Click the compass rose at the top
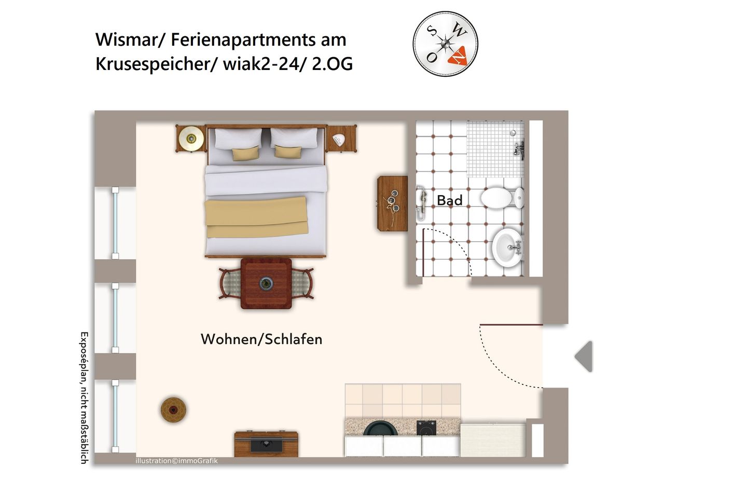pyautogui.click(x=445, y=45)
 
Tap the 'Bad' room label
pyautogui.click(x=449, y=200)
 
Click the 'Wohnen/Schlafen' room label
pyautogui.click(x=261, y=339)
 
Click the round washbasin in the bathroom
pyautogui.click(x=507, y=247)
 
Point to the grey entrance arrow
pyautogui.click(x=584, y=356)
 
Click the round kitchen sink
pyautogui.click(x=380, y=429)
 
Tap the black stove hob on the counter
pyautogui.click(x=426, y=428)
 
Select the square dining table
pyautogui.click(x=266, y=284)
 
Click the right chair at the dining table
pyautogui.click(x=303, y=284)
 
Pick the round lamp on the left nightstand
pyautogui.click(x=191, y=139)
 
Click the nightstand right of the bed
pyautogui.click(x=341, y=139)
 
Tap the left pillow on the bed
pyautogui.click(x=238, y=139)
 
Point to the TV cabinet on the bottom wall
pyautogui.click(x=266, y=444)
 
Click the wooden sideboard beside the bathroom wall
pyautogui.click(x=392, y=203)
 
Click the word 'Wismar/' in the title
pyautogui.click(x=131, y=40)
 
